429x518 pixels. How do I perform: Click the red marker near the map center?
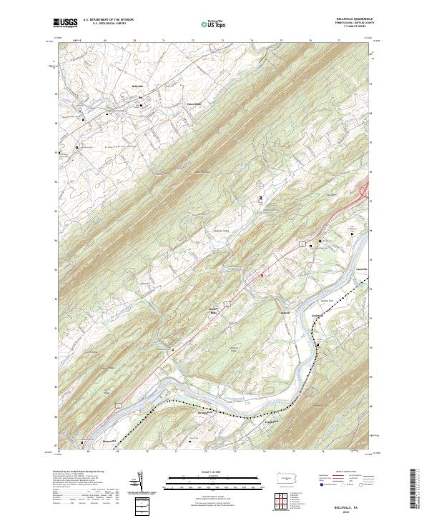click(262, 275)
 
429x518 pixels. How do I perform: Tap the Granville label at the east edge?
click(362, 269)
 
